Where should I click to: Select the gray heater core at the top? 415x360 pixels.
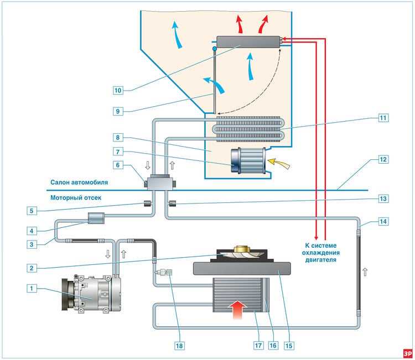[249, 41]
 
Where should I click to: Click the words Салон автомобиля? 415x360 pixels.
[79, 181]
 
